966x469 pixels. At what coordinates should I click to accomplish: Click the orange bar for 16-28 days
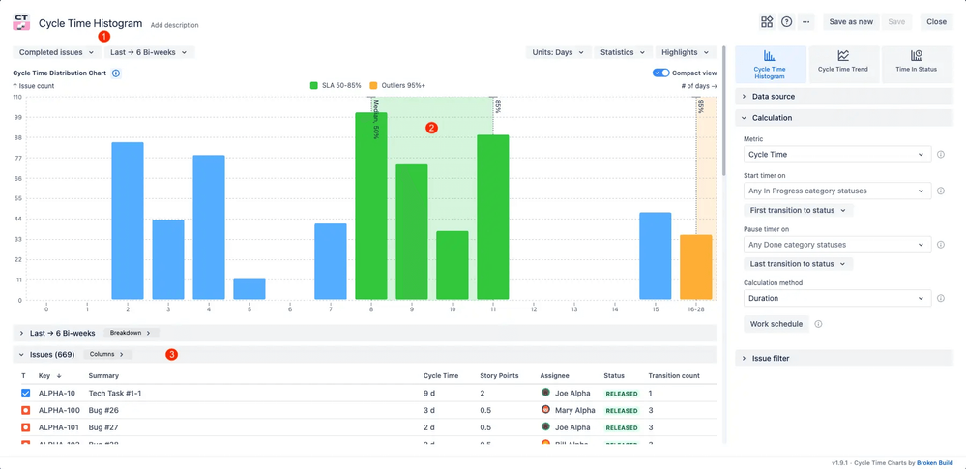pos(695,267)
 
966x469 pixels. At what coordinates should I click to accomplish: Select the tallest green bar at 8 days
pos(371,206)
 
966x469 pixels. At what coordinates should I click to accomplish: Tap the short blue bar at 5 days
pos(249,289)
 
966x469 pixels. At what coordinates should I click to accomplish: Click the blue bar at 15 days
pos(655,256)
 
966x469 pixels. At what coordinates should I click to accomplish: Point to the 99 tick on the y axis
pos(17,117)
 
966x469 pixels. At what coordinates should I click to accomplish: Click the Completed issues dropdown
pos(56,52)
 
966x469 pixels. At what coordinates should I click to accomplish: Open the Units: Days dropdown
pos(558,52)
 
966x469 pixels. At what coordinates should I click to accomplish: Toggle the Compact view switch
pos(660,73)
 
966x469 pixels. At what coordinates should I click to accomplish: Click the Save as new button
pos(851,21)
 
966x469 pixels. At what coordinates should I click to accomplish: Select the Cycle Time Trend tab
pos(843,62)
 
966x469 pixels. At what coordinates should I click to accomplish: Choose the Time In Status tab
pos(916,62)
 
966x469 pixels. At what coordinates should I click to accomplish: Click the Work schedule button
pos(776,324)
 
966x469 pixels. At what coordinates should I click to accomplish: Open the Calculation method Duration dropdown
pos(837,299)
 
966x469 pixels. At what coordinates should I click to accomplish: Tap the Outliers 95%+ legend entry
pos(396,86)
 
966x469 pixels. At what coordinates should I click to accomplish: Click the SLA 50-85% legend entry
pos(336,86)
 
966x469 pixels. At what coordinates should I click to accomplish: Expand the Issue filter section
pos(771,358)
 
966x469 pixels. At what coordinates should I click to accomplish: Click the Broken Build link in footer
pos(935,463)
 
